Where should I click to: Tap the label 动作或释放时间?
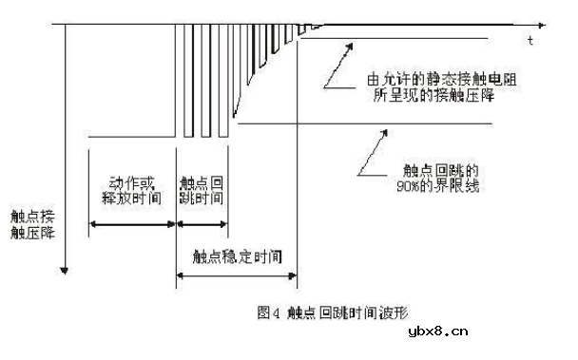129,190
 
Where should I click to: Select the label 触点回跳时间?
202,190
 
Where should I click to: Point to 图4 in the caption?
268,311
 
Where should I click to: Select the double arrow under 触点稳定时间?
237,275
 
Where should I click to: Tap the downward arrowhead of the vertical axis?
64,267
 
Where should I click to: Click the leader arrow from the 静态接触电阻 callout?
337,66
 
